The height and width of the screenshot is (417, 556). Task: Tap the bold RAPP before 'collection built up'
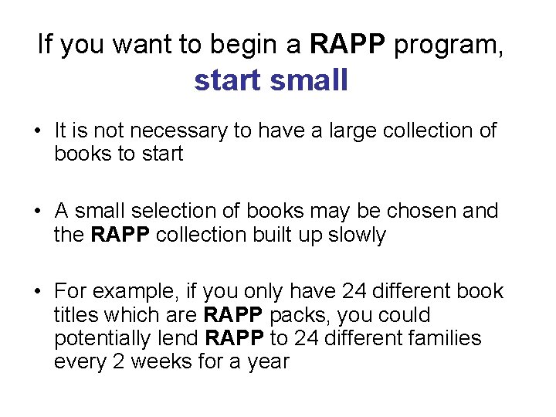pyautogui.click(x=121, y=234)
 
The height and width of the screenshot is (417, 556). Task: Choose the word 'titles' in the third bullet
pyautogui.click(x=74, y=314)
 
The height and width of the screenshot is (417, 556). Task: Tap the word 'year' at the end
pyautogui.click(x=267, y=361)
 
